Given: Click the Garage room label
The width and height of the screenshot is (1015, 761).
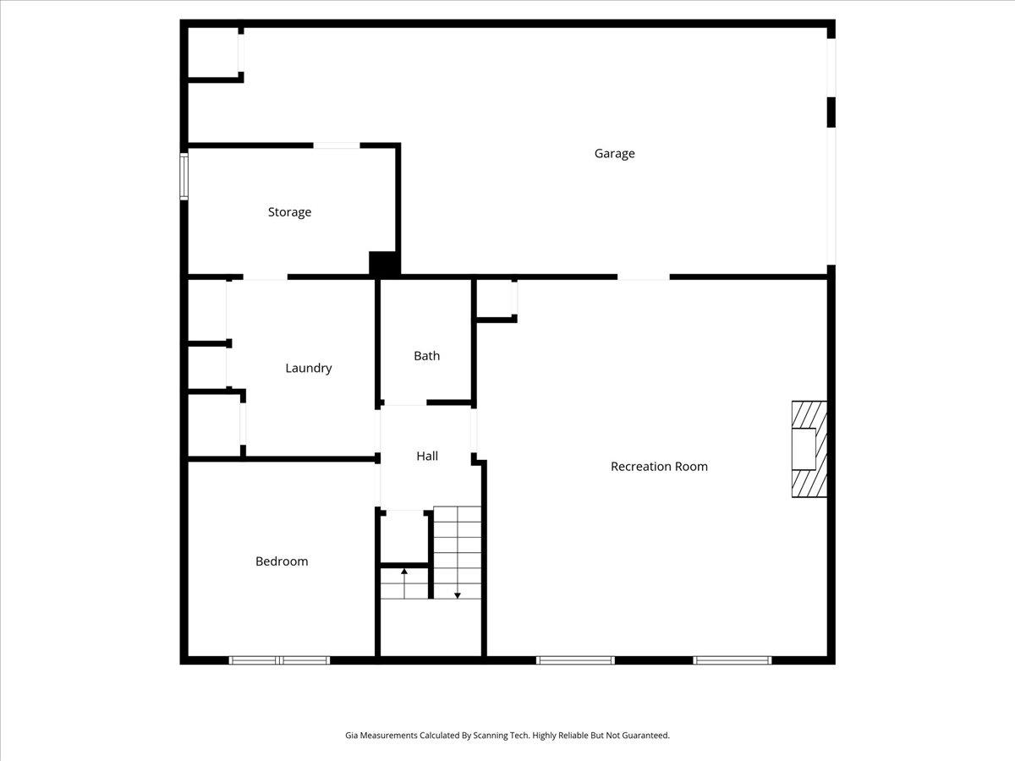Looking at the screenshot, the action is click(614, 153).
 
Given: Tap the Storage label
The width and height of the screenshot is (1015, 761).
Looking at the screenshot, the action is click(289, 212).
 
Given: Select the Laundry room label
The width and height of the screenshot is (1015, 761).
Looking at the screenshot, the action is click(309, 369).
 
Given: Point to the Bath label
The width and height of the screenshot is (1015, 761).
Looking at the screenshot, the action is click(427, 356).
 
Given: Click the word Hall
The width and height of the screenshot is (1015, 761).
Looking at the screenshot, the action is click(427, 456).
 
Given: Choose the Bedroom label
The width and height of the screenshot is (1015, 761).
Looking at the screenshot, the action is click(282, 561).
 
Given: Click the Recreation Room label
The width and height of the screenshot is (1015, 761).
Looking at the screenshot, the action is click(659, 466).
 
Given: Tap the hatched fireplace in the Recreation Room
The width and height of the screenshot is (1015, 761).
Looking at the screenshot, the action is click(809, 449).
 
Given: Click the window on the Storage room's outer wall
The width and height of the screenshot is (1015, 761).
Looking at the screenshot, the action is click(184, 177).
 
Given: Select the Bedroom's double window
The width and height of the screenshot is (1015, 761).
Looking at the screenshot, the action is click(279, 660).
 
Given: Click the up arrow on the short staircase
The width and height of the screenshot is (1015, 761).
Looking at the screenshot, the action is click(404, 583).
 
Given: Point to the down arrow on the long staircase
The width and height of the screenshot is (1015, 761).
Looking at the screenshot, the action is click(458, 553).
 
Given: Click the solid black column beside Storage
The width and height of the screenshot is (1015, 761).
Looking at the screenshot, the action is click(383, 264).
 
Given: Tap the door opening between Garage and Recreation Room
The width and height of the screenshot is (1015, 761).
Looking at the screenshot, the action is click(644, 276).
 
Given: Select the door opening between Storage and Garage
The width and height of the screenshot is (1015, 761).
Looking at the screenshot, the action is click(337, 145).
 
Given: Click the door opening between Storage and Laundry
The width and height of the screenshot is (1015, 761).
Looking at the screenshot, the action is click(266, 276).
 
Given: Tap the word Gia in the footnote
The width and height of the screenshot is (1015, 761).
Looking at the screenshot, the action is click(351, 735).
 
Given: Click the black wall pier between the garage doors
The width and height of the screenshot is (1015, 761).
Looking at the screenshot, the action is click(831, 112).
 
